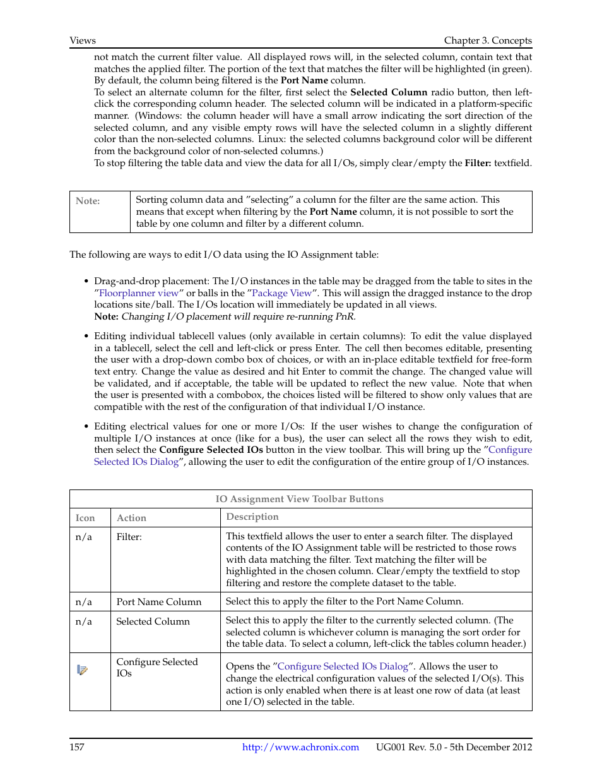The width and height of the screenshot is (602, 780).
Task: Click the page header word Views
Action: (x=83, y=40)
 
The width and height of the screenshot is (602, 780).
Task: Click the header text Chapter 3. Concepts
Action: (x=487, y=40)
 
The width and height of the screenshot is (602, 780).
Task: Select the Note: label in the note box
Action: (x=88, y=201)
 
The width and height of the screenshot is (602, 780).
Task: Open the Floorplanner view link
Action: (x=139, y=293)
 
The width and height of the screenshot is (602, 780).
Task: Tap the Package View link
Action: (x=281, y=293)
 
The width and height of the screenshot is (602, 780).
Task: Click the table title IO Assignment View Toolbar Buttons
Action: (x=299, y=499)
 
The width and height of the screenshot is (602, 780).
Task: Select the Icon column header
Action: (x=85, y=518)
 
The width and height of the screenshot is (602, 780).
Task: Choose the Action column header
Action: (x=131, y=518)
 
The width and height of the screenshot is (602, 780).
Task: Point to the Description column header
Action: (x=252, y=517)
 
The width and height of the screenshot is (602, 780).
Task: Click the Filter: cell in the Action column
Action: (x=129, y=537)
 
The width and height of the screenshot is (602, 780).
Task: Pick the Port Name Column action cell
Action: (x=158, y=602)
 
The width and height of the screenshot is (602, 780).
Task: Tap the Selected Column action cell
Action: (x=153, y=621)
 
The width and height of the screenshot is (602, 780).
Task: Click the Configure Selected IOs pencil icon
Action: (x=82, y=669)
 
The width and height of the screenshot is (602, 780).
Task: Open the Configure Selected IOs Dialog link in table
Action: (x=343, y=666)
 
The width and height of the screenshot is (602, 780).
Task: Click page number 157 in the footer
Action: (x=76, y=747)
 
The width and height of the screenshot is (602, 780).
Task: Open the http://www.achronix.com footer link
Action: (x=300, y=747)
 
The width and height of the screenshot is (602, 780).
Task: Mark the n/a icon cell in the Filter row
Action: (x=83, y=537)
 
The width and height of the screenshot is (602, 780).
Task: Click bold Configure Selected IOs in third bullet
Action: (x=211, y=450)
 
